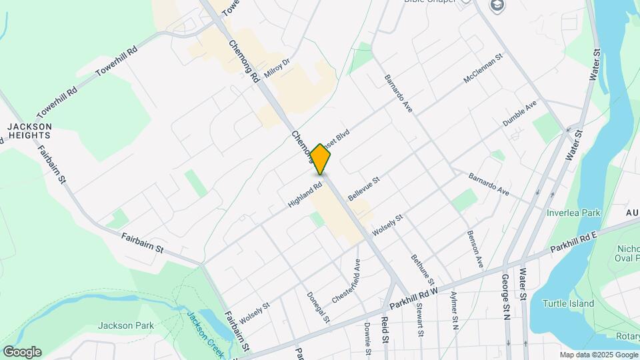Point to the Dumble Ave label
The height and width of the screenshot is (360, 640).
[519, 113]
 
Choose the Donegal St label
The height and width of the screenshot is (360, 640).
[318, 307]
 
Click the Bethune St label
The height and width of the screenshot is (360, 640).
[423, 271]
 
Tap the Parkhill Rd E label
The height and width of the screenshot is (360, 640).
[575, 241]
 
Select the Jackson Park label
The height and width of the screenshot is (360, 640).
[125, 325]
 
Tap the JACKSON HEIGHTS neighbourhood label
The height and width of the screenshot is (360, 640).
[29, 130]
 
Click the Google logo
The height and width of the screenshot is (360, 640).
[22, 351]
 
